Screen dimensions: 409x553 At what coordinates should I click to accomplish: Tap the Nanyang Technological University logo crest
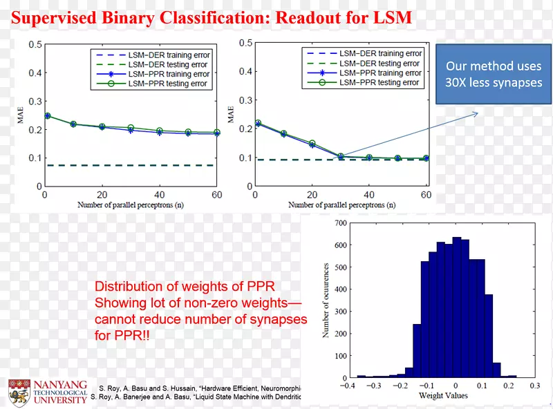click(17, 392)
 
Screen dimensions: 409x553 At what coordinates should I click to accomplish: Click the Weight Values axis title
click(442, 396)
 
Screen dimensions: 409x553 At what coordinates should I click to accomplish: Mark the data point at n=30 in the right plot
click(341, 157)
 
